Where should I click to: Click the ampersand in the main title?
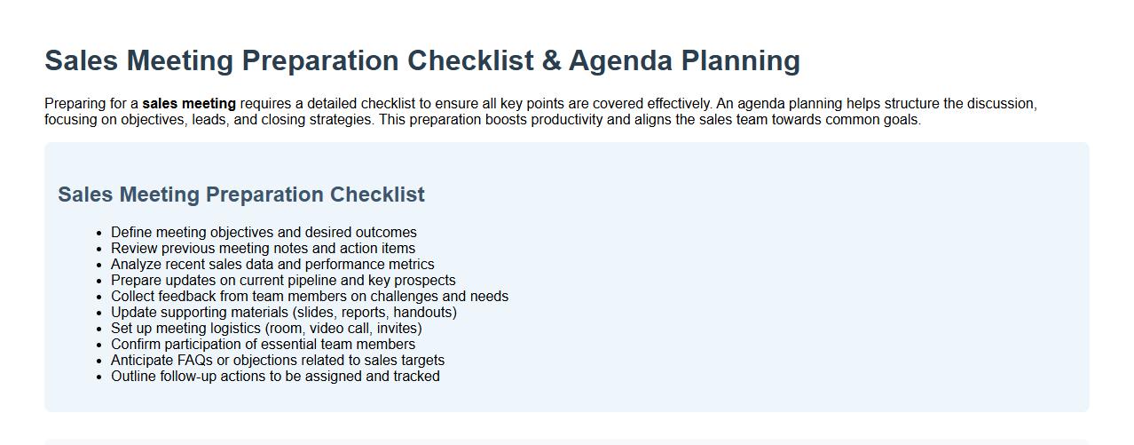click(x=551, y=60)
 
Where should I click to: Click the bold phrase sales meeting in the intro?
click(x=189, y=104)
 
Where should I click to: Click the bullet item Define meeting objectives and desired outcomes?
click(x=264, y=233)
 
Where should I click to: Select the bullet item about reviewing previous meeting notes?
click(x=263, y=249)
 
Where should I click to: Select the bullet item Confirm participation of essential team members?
click(x=263, y=345)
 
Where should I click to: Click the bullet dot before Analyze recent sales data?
click(x=100, y=265)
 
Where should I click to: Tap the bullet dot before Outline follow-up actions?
click(x=100, y=377)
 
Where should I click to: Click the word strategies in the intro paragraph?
click(x=341, y=120)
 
